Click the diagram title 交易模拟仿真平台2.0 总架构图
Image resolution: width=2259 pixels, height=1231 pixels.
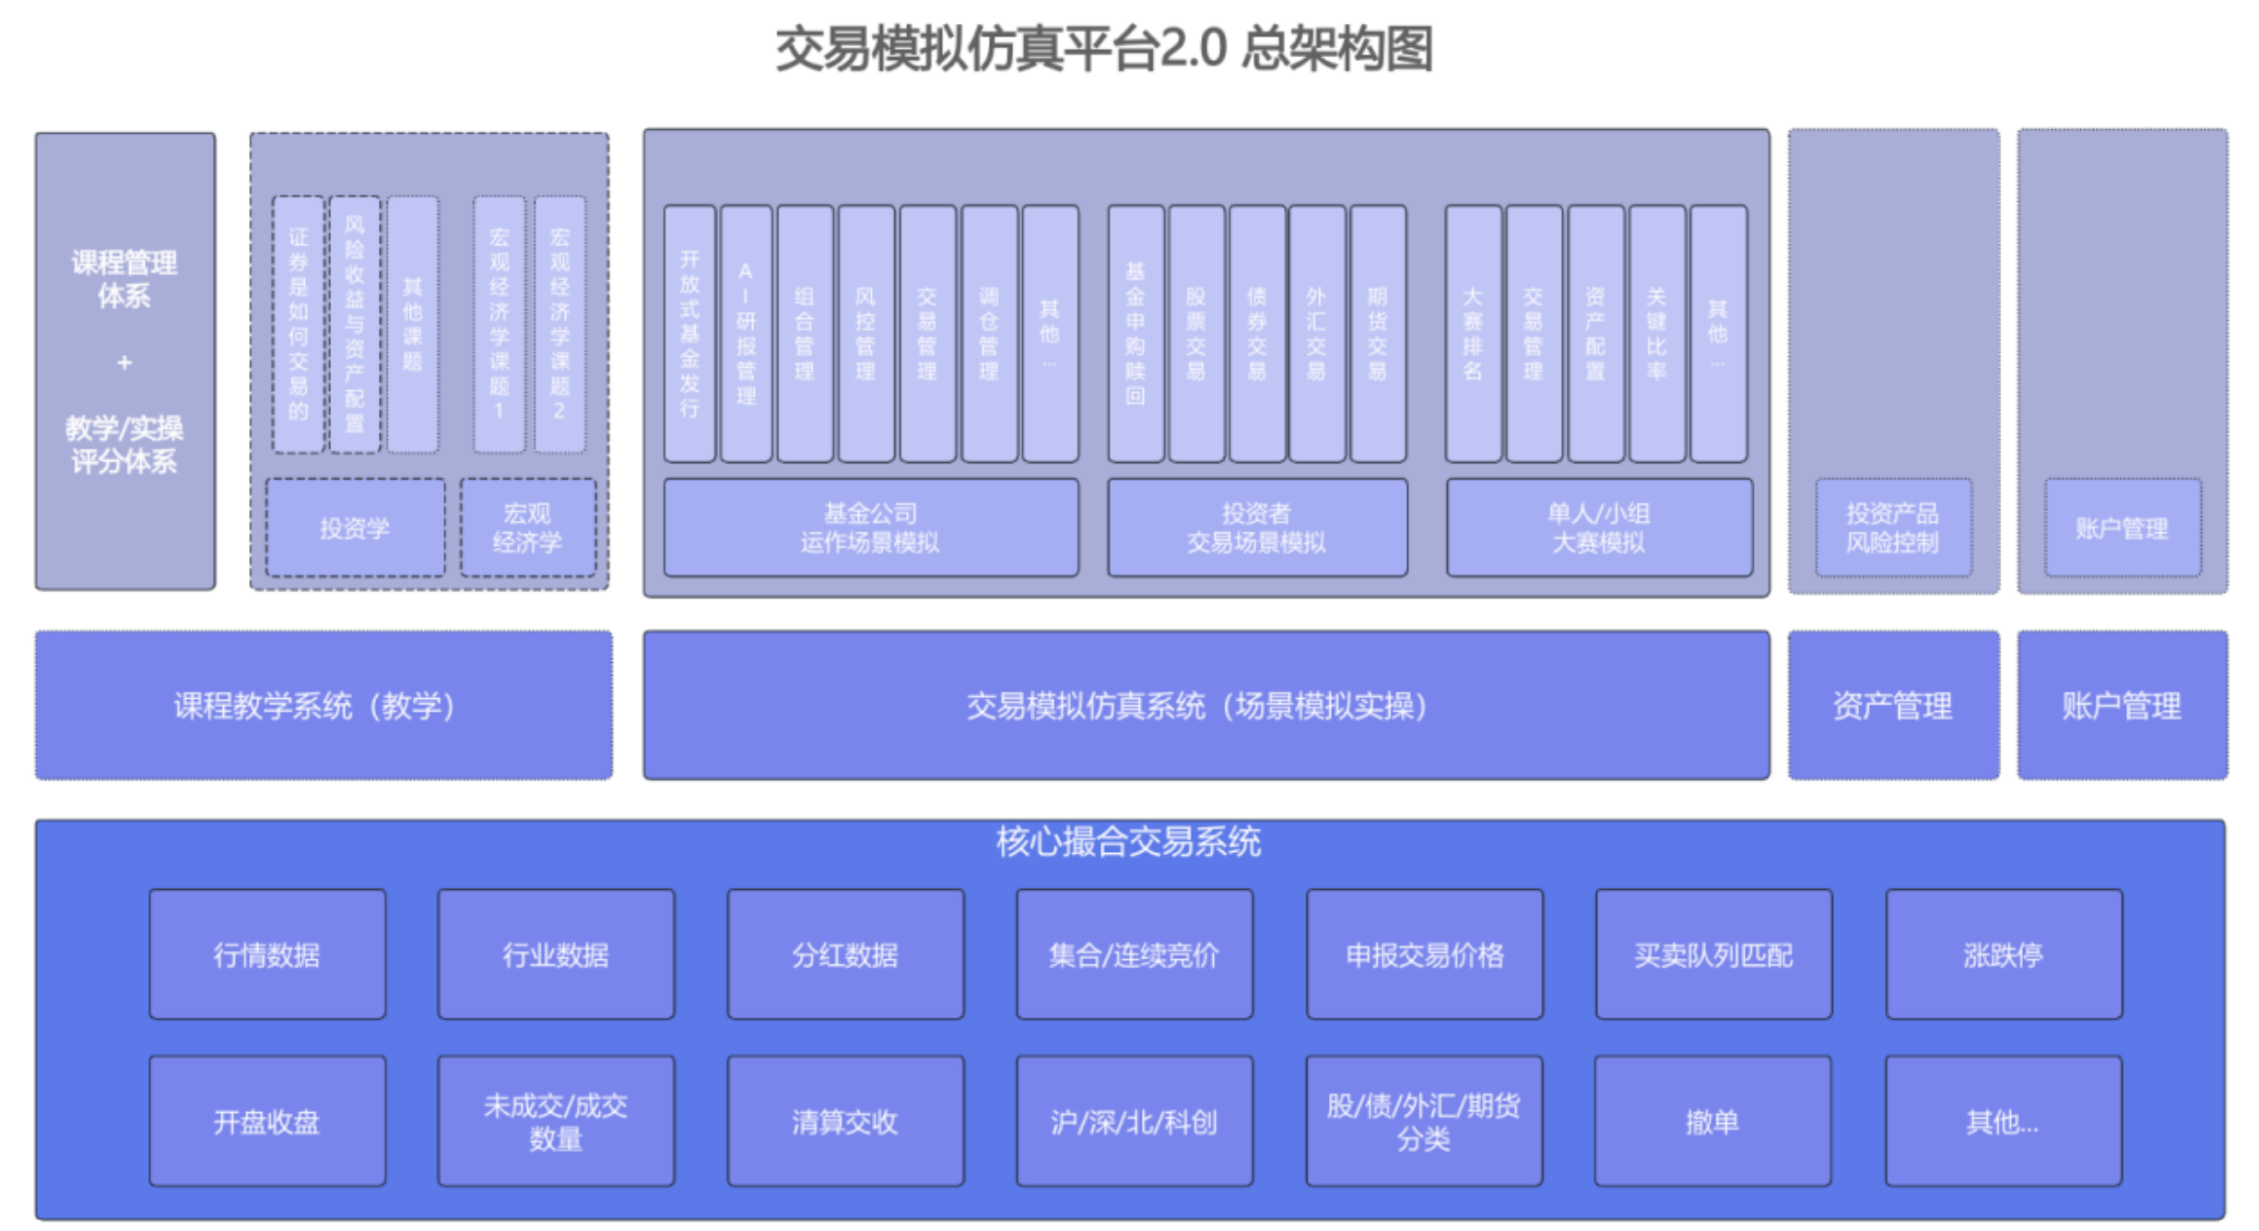[x=1103, y=48]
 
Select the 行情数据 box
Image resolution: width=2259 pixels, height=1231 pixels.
[x=267, y=954]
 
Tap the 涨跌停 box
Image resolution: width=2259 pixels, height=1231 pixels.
[x=2003, y=954]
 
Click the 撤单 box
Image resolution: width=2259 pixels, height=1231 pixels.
[x=1712, y=1121]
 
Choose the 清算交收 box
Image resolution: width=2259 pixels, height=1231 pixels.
[x=845, y=1121]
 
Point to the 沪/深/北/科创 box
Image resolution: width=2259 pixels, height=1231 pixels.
[x=1134, y=1121]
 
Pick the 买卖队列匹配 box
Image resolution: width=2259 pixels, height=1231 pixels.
[x=1713, y=954]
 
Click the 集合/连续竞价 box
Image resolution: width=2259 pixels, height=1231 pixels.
[x=1134, y=954]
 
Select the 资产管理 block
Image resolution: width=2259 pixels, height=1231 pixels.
[x=1892, y=705]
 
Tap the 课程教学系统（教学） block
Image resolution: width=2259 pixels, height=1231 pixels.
[x=323, y=705]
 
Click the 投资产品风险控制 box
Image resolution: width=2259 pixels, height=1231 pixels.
[x=1892, y=527]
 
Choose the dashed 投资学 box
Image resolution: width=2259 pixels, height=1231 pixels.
[x=355, y=527]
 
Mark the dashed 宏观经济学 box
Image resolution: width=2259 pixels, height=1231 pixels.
[x=527, y=527]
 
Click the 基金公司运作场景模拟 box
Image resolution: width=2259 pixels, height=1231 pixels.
[x=870, y=527]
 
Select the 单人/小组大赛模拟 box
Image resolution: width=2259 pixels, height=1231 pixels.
[x=1598, y=527]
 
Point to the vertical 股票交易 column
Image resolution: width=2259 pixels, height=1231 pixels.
[x=1195, y=334]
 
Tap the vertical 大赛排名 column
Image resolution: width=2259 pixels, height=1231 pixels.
[x=1472, y=334]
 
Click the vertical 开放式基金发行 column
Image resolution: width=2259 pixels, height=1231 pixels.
[x=689, y=334]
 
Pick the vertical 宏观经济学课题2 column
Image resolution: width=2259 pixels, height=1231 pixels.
[x=559, y=325]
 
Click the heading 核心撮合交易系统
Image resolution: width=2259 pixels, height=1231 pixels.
[x=1128, y=841]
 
